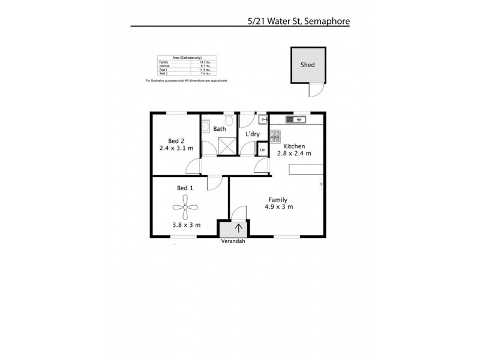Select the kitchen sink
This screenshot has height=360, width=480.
click(x=296, y=120)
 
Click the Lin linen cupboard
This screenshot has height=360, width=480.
click(x=262, y=149)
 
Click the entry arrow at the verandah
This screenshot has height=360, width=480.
click(x=239, y=228)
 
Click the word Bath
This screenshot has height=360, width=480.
click(x=220, y=128)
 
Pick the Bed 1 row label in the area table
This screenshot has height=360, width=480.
click(x=163, y=70)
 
